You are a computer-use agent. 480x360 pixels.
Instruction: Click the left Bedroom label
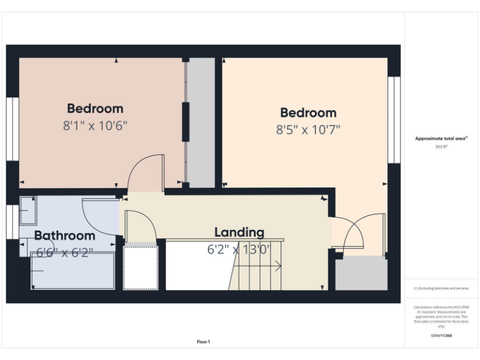(95, 108)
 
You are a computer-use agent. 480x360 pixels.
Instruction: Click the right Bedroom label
(308, 112)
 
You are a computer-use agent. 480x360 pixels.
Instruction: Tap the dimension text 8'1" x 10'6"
(95, 125)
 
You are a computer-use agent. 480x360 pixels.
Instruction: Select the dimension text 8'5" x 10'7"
(308, 129)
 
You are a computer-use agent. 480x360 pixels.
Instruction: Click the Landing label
(239, 232)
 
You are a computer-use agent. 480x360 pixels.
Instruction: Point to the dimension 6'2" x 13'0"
(239, 249)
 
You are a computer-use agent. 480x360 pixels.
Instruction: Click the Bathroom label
(64, 236)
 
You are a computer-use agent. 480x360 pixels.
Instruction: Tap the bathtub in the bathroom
(72, 271)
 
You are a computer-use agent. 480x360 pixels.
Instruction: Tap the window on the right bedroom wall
(394, 120)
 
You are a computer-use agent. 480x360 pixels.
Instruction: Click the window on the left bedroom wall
(12, 129)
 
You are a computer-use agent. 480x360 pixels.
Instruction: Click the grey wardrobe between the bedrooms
(201, 122)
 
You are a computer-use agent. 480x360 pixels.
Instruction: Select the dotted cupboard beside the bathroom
(141, 267)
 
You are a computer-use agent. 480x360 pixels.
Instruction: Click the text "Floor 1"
(203, 342)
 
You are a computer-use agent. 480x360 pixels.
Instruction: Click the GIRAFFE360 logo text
(441, 336)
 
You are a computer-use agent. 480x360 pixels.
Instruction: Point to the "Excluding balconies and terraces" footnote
(441, 288)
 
